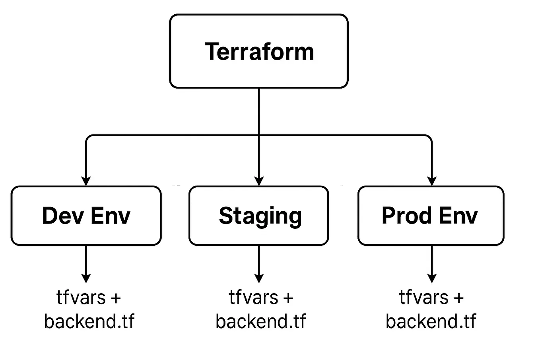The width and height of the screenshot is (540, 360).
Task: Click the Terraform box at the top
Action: pyautogui.click(x=259, y=51)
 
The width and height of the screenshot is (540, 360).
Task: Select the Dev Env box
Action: pyautogui.click(x=86, y=216)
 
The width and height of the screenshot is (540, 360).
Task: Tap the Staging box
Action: pyautogui.click(x=259, y=216)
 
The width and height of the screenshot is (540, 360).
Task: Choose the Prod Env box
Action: pyautogui.click(x=431, y=216)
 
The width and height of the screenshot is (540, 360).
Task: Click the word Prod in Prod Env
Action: pyautogui.click(x=407, y=216)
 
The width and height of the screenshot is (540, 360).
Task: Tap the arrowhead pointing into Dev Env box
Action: pyautogui.click(x=86, y=181)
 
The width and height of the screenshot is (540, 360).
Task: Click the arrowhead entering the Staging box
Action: pyautogui.click(x=259, y=181)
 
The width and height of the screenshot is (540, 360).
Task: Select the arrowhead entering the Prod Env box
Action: pyautogui.click(x=432, y=181)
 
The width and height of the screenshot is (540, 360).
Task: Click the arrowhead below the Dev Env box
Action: pyautogui.click(x=86, y=278)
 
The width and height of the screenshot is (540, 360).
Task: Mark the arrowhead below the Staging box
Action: pyautogui.click(x=259, y=278)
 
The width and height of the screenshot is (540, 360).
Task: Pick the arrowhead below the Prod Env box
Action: pyautogui.click(x=432, y=278)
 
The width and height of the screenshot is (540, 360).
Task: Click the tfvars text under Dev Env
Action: pyautogui.click(x=81, y=298)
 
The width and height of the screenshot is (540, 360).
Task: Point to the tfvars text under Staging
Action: pyautogui.click(x=253, y=298)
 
